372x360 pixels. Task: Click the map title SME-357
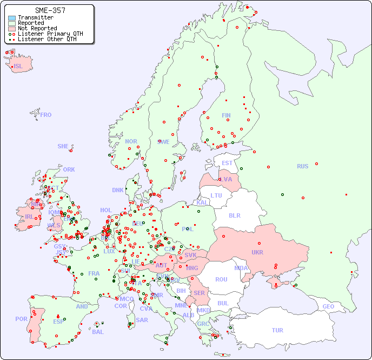point(50,10)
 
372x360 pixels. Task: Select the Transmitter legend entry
point(36,18)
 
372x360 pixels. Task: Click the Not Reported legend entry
point(37,28)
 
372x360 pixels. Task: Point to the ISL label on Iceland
point(18,67)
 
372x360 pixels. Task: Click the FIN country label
point(226,115)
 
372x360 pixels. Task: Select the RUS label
point(302,167)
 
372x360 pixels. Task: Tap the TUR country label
point(277,331)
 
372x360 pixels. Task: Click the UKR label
point(257,253)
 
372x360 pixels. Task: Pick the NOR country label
point(131,142)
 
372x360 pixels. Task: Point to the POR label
point(21,319)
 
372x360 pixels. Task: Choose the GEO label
point(328,307)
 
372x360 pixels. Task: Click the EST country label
point(227,163)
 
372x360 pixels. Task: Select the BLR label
point(234,215)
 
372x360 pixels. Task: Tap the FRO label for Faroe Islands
point(46,115)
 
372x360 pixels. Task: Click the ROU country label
point(221,280)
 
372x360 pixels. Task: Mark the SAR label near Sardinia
point(142,320)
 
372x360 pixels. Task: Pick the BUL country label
point(223,303)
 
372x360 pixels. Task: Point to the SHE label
point(63,147)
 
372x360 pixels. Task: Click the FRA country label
point(94,274)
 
